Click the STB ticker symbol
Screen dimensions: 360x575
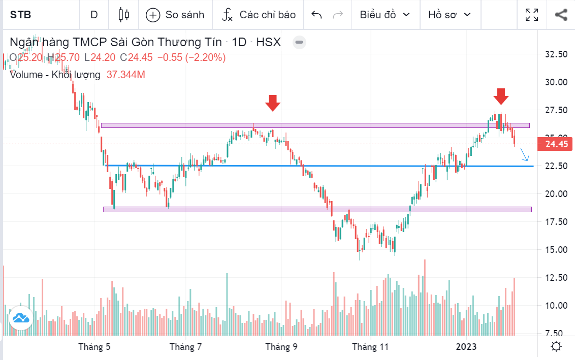pyautogui.click(x=21, y=15)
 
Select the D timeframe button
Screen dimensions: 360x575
pyautogui.click(x=94, y=15)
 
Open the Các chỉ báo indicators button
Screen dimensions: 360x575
pyautogui.click(x=259, y=15)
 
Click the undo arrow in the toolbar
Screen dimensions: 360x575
pyautogui.click(x=316, y=15)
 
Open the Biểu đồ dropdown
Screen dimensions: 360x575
pyautogui.click(x=385, y=15)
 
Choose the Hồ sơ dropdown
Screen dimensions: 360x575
pyautogui.click(x=450, y=15)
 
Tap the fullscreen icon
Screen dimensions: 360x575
pyautogui.click(x=532, y=15)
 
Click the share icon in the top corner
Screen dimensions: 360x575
pyautogui.click(x=561, y=15)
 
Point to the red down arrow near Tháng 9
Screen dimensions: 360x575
pyautogui.click(x=273, y=103)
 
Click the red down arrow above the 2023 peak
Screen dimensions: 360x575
pyautogui.click(x=501, y=95)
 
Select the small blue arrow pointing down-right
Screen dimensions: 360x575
pyautogui.click(x=525, y=157)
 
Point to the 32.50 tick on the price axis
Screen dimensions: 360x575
pyautogui.click(x=556, y=54)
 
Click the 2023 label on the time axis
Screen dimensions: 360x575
pyautogui.click(x=466, y=347)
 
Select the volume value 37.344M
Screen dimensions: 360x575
pyautogui.click(x=126, y=75)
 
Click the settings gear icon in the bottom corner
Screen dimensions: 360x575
pyautogui.click(x=556, y=347)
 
